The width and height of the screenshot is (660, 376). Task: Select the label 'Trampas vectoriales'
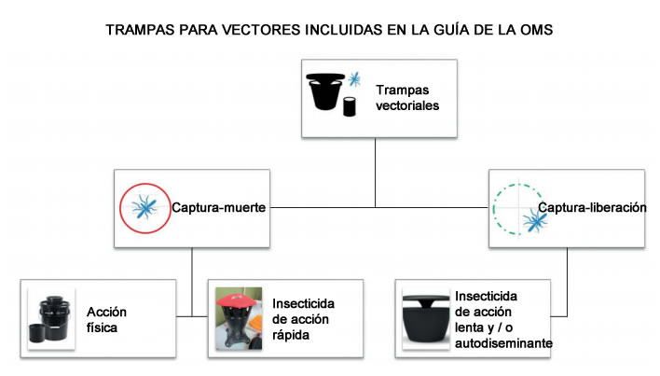tap(407, 98)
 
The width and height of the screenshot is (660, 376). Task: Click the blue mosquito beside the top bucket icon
tap(354, 78)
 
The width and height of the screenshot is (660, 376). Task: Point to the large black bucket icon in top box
tap(325, 91)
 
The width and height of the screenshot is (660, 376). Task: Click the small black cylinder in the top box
tap(350, 106)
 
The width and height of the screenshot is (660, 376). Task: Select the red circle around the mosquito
tap(145, 208)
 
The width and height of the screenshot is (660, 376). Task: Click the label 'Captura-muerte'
tap(218, 207)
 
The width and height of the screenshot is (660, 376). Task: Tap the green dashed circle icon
tap(518, 208)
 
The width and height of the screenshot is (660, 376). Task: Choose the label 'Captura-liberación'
tap(592, 207)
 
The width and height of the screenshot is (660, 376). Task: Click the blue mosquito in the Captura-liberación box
tap(535, 220)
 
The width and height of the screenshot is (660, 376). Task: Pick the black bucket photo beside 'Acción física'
tap(51, 318)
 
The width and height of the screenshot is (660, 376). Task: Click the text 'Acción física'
tap(106, 320)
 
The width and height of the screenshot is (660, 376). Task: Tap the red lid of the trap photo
tap(239, 299)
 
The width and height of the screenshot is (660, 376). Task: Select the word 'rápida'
tap(291, 335)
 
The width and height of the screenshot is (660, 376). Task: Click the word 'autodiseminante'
tap(503, 343)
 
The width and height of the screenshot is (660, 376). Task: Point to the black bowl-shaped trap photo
tap(426, 318)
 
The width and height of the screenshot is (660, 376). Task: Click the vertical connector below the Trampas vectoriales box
tap(375, 173)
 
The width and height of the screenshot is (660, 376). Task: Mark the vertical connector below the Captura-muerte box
tap(192, 282)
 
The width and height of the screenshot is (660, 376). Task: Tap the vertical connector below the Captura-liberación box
tap(567, 282)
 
